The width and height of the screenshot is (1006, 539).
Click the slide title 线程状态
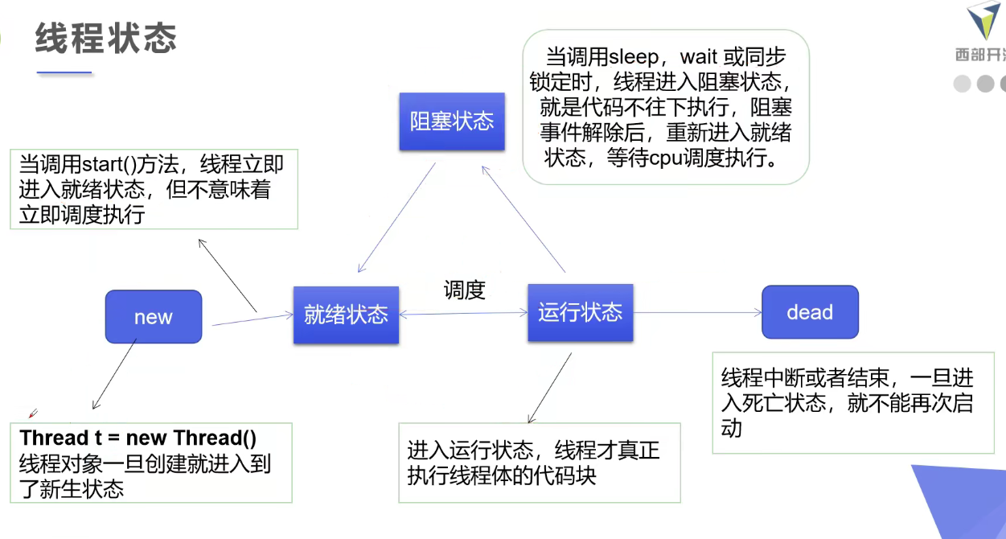pyautogui.click(x=105, y=39)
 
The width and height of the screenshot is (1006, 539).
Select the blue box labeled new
pyautogui.click(x=153, y=317)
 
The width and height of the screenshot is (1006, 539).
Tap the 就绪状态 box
pyautogui.click(x=346, y=315)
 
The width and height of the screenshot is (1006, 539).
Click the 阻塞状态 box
pyautogui.click(x=452, y=121)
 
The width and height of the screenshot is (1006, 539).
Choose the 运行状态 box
pyautogui.click(x=580, y=312)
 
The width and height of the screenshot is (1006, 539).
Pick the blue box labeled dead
pyautogui.click(x=810, y=312)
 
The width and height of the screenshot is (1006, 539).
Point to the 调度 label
pyautogui.click(x=464, y=290)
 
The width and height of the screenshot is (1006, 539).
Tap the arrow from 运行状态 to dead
pyautogui.click(x=696, y=312)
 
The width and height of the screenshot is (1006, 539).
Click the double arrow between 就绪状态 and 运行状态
pyautogui.click(x=463, y=313)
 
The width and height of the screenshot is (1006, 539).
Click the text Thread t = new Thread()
pyautogui.click(x=138, y=438)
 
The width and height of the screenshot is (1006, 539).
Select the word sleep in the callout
pyautogui.click(x=634, y=56)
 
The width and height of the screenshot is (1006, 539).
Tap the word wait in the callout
pyautogui.click(x=700, y=56)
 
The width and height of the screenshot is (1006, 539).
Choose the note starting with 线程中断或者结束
pyautogui.click(x=852, y=402)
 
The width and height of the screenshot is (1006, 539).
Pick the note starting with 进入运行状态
pyautogui.click(x=539, y=463)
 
